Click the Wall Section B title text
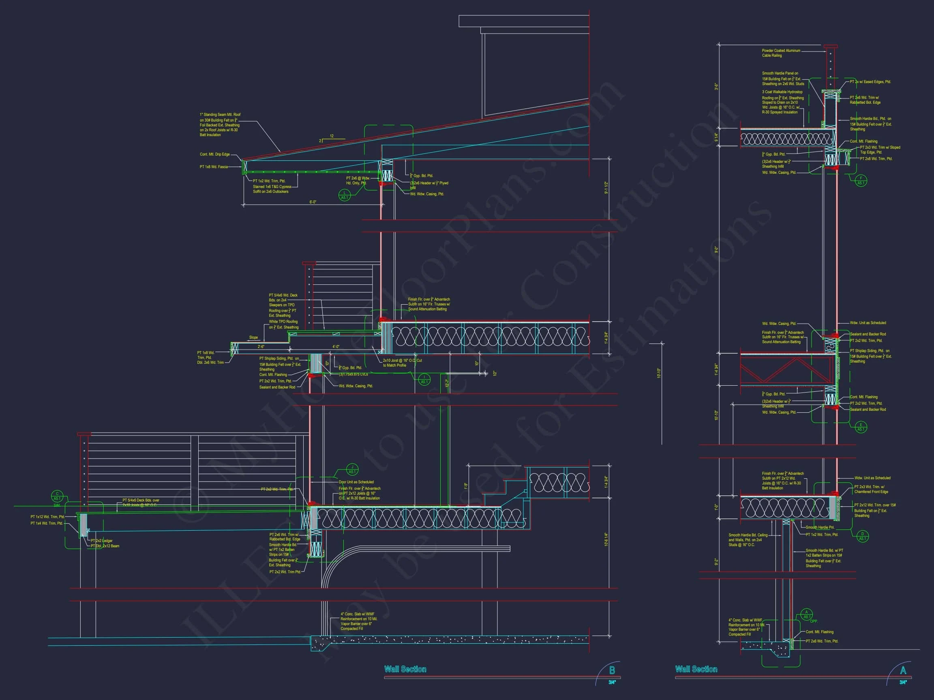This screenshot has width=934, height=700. pyautogui.click(x=405, y=669)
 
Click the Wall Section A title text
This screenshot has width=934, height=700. pyautogui.click(x=696, y=669)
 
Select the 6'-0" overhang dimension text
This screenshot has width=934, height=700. pyautogui.click(x=313, y=202)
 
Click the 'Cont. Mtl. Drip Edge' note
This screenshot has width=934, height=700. pyautogui.click(x=214, y=154)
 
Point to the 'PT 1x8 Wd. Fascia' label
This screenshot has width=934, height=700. pyautogui.click(x=213, y=167)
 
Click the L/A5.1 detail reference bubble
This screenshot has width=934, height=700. pyautogui.click(x=345, y=195)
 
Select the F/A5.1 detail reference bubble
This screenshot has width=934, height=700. pyautogui.click(x=861, y=181)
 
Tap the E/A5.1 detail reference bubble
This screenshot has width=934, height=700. pyautogui.click(x=861, y=427)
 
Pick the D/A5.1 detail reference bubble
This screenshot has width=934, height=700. pyautogui.click(x=862, y=536)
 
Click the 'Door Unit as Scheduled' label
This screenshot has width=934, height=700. pyautogui.click(x=356, y=482)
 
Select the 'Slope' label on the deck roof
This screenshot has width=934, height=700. pyautogui.click(x=253, y=337)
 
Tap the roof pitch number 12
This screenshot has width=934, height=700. pyautogui.click(x=332, y=136)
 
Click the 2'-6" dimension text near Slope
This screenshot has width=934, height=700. pyautogui.click(x=261, y=347)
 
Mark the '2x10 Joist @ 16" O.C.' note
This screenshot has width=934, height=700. pyautogui.click(x=402, y=363)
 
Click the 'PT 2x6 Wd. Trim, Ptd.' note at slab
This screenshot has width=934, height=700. pyautogui.click(x=822, y=641)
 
